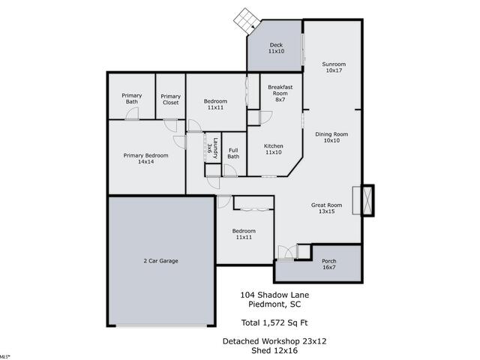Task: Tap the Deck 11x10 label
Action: click(277, 48)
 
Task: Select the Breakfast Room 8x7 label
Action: click(280, 92)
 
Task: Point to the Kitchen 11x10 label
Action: click(273, 148)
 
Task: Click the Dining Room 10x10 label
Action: click(331, 136)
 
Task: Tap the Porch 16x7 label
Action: click(328, 264)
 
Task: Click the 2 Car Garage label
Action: click(160, 260)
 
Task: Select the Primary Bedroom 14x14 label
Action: click(145, 158)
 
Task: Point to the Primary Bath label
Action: click(132, 99)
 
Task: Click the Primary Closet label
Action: click(170, 99)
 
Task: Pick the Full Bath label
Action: click(234, 153)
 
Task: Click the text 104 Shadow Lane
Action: click(274, 295)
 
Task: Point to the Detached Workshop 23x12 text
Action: click(274, 340)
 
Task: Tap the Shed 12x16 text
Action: click(274, 349)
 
